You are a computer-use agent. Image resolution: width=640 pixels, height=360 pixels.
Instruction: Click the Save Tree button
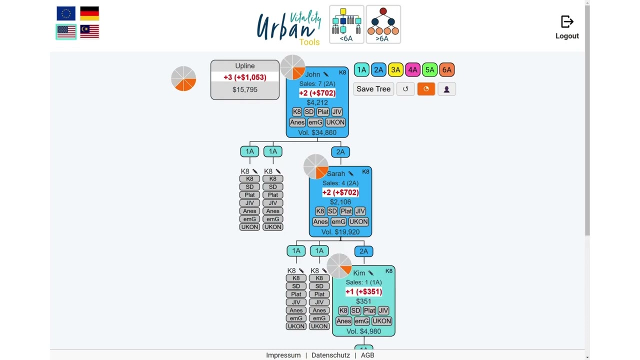[x=373, y=89]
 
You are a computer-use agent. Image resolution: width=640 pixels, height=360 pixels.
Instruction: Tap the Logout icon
[x=567, y=21]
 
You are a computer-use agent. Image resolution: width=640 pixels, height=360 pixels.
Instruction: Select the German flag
[x=89, y=13]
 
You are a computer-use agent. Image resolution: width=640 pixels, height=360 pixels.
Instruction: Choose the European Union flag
[x=66, y=13]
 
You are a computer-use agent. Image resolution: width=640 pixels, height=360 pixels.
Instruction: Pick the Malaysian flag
[x=89, y=31]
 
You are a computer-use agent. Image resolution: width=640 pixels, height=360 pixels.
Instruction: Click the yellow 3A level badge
[x=395, y=69]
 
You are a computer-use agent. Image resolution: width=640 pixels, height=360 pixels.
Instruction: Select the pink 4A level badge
[x=412, y=69]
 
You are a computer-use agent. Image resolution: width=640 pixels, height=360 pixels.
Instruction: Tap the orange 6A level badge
[x=447, y=69]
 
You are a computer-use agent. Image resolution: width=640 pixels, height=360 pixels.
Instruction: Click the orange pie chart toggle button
[x=426, y=89]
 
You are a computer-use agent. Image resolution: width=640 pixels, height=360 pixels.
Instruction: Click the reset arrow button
[x=405, y=89]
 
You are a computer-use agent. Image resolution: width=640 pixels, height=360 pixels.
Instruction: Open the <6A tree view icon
[x=346, y=24]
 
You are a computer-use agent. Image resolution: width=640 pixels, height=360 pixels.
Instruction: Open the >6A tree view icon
[x=383, y=24]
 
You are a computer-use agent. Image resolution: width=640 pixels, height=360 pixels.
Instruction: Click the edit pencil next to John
[x=325, y=74]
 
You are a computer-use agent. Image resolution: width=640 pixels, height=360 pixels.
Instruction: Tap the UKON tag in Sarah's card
[x=358, y=221]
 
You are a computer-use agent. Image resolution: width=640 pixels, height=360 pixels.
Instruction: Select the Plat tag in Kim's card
[x=369, y=310]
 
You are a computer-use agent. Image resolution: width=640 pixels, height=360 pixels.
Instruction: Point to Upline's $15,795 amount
[x=245, y=89]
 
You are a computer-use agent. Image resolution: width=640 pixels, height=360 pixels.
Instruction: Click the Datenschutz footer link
[x=330, y=355]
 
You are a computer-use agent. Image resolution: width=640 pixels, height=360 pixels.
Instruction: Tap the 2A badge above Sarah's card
[x=340, y=152]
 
